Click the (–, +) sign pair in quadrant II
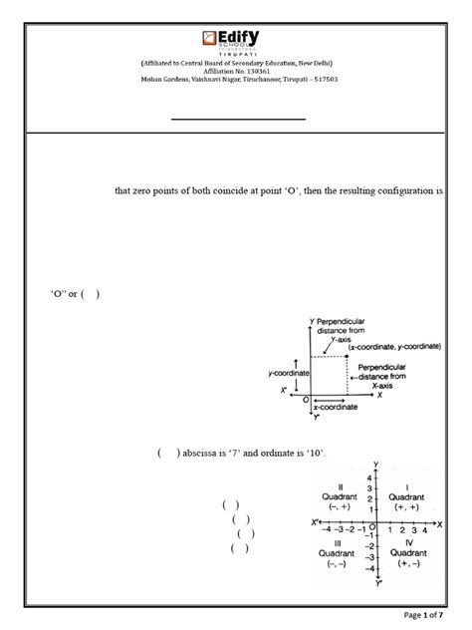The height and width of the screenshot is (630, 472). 334,506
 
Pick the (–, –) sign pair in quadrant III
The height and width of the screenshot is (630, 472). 333,564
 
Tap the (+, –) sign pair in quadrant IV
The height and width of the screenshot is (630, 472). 406,563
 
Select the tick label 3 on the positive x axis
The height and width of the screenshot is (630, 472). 413,530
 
